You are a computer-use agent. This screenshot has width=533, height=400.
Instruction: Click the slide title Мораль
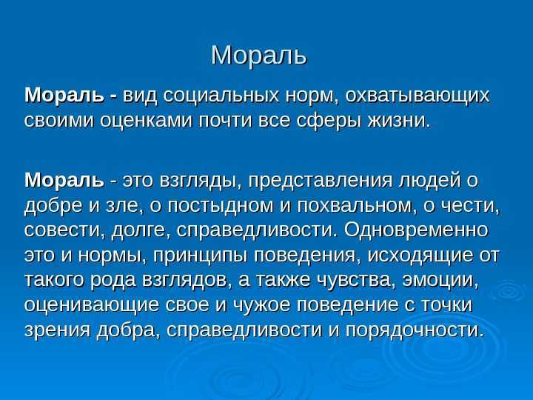point(259,55)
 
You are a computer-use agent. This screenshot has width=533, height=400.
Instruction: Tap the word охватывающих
point(418,96)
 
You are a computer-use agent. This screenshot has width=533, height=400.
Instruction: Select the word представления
point(320,181)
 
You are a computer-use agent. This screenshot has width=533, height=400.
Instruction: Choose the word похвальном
point(354,205)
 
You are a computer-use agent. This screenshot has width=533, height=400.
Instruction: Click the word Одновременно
point(416,230)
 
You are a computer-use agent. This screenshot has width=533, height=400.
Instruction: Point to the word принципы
point(201,256)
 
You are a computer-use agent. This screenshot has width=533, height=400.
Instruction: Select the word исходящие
point(420,256)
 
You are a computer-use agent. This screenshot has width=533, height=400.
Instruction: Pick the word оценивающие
point(92,305)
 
